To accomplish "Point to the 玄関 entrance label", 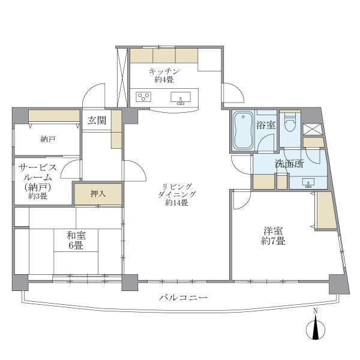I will [96, 120].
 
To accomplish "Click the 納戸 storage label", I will [48, 139].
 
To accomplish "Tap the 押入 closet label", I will [97, 194].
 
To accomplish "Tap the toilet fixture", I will [290, 124].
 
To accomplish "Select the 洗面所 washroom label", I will [289, 163].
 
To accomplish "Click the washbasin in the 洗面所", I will [308, 182].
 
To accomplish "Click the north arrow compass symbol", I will [316, 329].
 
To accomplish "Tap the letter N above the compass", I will [316, 311].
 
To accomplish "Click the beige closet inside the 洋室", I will [326, 210].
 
